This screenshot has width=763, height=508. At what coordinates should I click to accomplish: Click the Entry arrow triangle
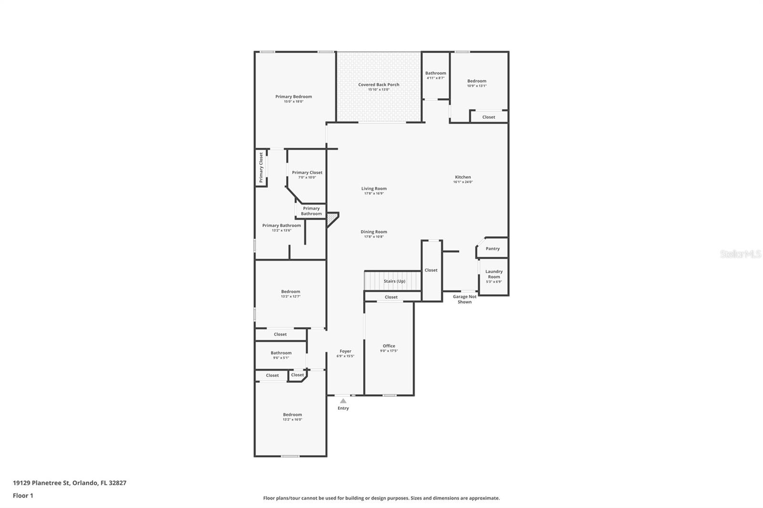343,401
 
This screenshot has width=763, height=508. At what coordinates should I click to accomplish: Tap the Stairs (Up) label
394,281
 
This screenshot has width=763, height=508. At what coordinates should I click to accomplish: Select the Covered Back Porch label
379,85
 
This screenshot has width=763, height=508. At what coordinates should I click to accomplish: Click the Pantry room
493,248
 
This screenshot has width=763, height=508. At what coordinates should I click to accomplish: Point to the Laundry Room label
494,274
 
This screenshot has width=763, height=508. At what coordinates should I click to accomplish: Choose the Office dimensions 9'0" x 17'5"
389,351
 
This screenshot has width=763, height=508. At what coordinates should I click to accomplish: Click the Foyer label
345,351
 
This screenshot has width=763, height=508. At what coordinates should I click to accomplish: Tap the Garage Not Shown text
464,299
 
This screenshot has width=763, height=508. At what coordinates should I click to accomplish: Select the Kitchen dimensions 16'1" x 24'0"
463,182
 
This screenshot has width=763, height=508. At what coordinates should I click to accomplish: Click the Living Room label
374,189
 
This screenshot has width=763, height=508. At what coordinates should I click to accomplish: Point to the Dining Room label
374,232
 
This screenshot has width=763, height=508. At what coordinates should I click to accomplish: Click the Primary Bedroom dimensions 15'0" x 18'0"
293,102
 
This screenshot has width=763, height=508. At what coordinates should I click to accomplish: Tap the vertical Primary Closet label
261,168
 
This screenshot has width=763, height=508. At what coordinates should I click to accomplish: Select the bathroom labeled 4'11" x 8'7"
435,75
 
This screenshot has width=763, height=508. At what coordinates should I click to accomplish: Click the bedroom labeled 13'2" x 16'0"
292,417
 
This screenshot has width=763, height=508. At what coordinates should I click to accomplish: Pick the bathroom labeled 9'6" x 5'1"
281,355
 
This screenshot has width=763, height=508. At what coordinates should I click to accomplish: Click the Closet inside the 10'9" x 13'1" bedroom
488,117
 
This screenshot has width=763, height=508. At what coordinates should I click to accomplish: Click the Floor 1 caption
23,496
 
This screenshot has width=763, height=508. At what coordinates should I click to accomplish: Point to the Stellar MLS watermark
740,254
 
